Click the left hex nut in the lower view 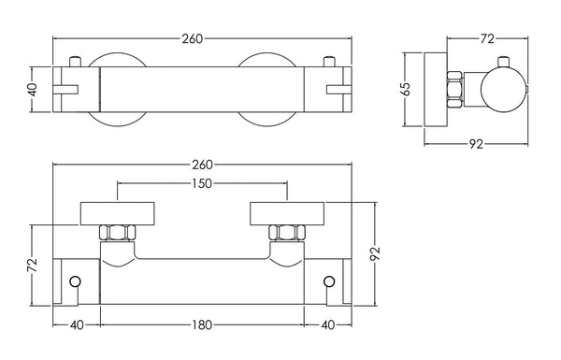(x=116, y=232)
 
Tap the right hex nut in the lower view (x=284, y=232)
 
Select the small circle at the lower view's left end (x=76, y=281)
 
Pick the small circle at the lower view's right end (x=328, y=281)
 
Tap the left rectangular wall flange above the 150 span (x=116, y=211)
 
